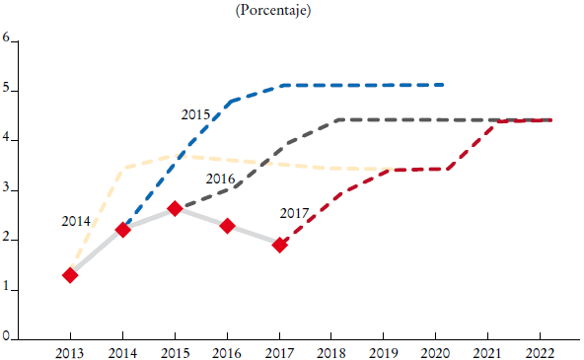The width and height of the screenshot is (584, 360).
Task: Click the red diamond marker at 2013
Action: coord(70,275)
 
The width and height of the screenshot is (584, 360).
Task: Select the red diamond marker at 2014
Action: coord(122,230)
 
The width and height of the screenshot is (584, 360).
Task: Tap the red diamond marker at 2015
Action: coord(175,209)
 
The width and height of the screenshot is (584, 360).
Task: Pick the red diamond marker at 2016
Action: coord(227,226)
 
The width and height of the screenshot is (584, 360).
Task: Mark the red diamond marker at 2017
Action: coord(280,244)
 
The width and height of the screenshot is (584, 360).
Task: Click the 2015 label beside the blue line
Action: coord(195,115)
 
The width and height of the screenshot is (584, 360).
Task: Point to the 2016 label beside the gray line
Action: coord(220,179)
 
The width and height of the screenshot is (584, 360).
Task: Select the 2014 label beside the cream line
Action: coord(77,220)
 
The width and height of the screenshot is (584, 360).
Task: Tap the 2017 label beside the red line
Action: coord(294,213)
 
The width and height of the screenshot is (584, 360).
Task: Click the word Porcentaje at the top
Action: coord(273,10)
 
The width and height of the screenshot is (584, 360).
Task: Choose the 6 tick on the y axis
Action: coord(6,39)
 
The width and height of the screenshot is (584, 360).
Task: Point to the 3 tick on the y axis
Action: coord(6,188)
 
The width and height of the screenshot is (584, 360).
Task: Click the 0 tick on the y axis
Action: coord(6,337)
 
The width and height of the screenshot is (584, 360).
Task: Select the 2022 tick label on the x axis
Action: coord(542,351)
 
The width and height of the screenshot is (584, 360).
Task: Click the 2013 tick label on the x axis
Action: coord(70,351)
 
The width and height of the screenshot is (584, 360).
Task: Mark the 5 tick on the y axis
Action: coord(6,89)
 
